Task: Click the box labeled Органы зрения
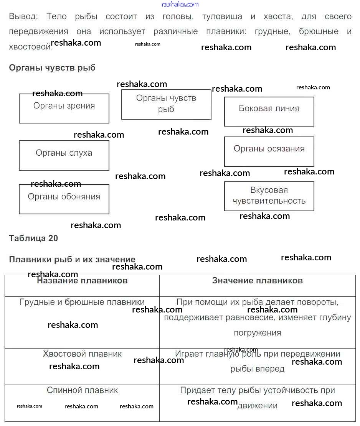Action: (x=64, y=108)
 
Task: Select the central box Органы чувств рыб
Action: (x=166, y=104)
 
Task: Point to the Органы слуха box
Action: (x=64, y=155)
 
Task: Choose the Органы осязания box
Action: (x=269, y=151)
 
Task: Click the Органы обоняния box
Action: (x=64, y=199)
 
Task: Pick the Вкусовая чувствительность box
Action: (x=269, y=196)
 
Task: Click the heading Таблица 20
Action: (x=33, y=238)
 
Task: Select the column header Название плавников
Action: (x=82, y=281)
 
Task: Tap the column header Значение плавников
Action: (x=257, y=281)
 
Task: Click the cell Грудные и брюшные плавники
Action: (x=82, y=302)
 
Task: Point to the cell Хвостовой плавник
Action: (x=82, y=354)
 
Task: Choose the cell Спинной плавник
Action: (x=82, y=390)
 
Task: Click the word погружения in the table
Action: (x=257, y=333)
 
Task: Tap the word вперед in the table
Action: (x=271, y=369)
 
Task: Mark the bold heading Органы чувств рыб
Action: (x=52, y=68)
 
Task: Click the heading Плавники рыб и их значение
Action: (x=72, y=260)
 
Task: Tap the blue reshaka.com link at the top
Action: (x=180, y=4)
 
